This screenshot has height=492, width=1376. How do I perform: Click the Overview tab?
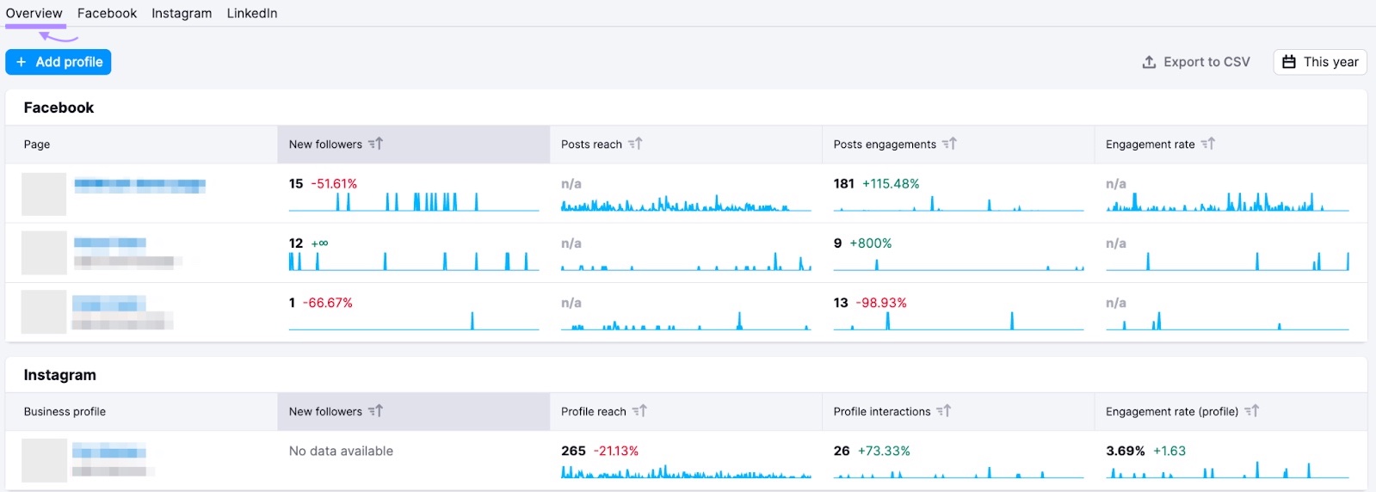[x=34, y=14]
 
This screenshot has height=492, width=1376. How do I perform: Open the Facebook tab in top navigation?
[x=107, y=14]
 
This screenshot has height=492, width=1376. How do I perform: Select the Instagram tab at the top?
[x=182, y=14]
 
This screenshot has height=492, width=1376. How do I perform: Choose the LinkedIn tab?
[x=252, y=14]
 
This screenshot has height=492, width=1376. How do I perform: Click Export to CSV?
[x=1196, y=62]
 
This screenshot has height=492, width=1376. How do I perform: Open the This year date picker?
[x=1320, y=62]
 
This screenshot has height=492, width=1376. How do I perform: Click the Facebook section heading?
[x=59, y=108]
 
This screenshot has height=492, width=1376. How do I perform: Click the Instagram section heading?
[x=59, y=375]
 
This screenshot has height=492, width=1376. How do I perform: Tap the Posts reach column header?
[x=591, y=145]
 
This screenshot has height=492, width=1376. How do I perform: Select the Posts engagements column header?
[x=884, y=145]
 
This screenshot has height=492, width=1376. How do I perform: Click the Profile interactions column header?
[x=881, y=412]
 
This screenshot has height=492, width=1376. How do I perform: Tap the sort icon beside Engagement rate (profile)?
[x=1252, y=411]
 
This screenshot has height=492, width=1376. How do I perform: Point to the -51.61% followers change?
[x=334, y=184]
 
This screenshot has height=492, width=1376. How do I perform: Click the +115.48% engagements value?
[x=891, y=184]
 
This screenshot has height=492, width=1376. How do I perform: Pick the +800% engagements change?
[x=870, y=243]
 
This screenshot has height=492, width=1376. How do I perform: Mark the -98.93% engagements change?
[x=881, y=303]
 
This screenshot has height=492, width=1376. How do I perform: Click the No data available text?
[x=341, y=451]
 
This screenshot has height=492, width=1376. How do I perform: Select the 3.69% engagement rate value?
[x=1125, y=451]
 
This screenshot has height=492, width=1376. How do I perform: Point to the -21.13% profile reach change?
[x=616, y=451]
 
